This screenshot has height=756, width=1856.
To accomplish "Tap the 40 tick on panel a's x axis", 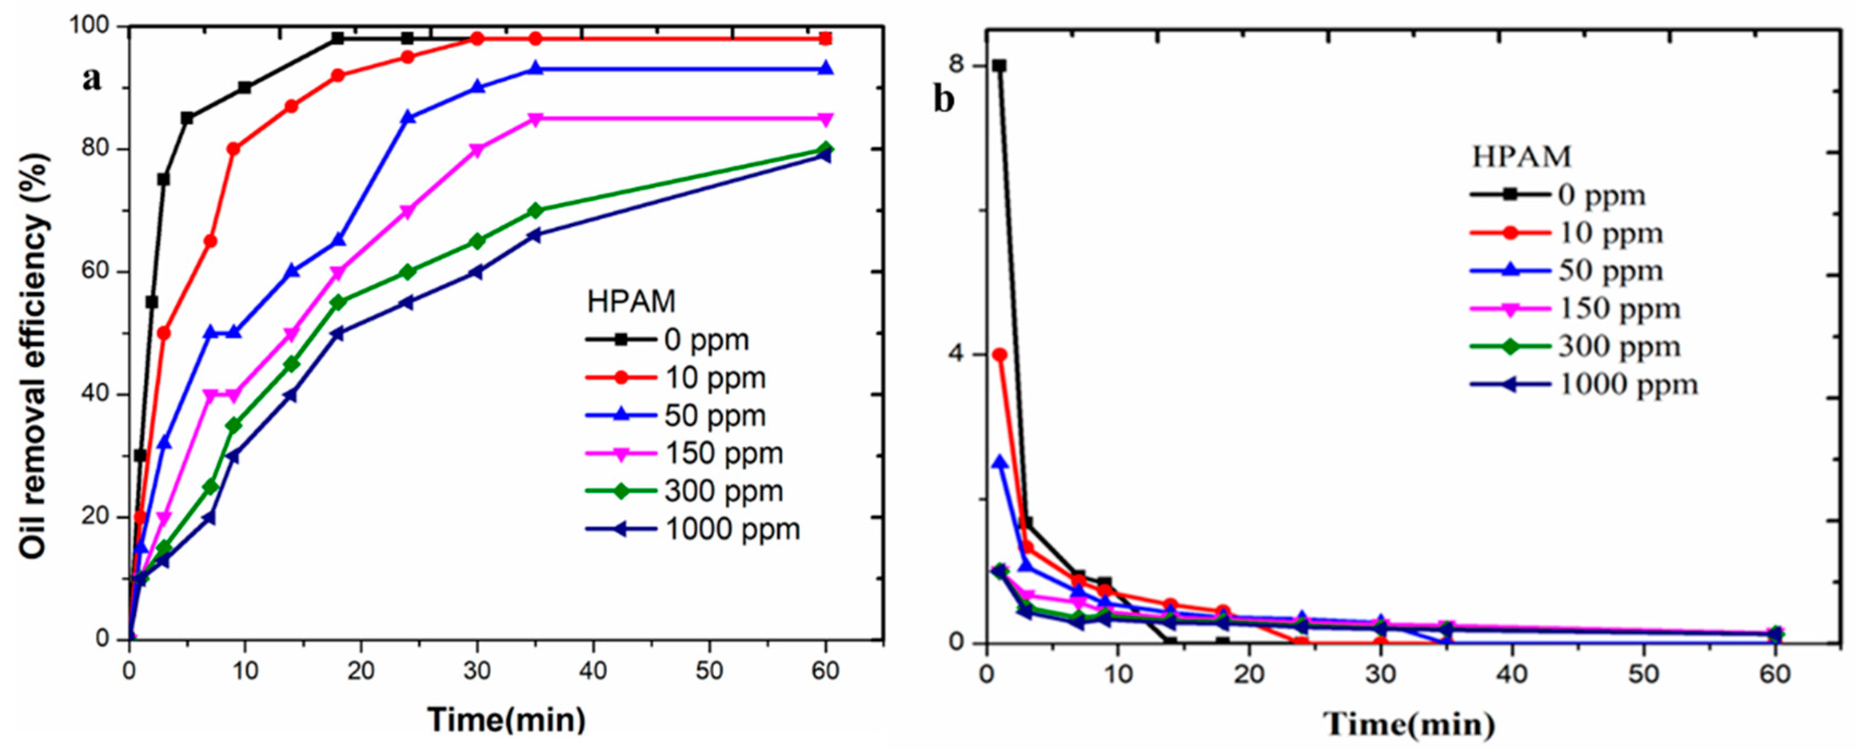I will pos(593,671).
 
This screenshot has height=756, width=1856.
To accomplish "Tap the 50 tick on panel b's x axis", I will pos(1643,675).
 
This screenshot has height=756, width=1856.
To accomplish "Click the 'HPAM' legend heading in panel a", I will pos(631,302).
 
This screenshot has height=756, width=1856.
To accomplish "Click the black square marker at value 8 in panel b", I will pos(999,65).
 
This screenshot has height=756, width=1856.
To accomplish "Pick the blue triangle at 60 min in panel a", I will pos(826,69).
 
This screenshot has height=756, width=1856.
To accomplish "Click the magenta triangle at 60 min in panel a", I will pos(826,119).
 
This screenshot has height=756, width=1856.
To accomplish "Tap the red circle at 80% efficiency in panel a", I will pos(233,149).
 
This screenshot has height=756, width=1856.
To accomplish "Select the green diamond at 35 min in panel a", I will pos(535,211).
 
